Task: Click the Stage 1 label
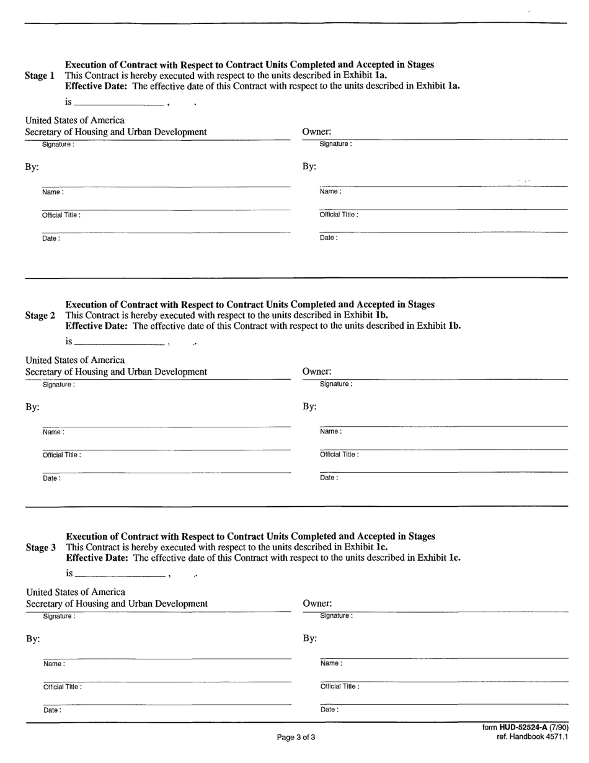(x=40, y=76)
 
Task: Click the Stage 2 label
(x=40, y=316)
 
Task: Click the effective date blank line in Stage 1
(x=118, y=104)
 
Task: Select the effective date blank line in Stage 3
(x=119, y=576)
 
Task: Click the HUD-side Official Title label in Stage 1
(x=61, y=215)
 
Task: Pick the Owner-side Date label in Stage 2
(x=329, y=478)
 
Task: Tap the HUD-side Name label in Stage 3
(x=54, y=664)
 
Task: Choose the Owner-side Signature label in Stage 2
(x=335, y=384)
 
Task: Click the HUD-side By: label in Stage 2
(x=32, y=407)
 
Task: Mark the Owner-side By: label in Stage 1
(x=309, y=166)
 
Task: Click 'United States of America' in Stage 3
(x=76, y=592)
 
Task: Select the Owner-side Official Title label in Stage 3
(x=339, y=687)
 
